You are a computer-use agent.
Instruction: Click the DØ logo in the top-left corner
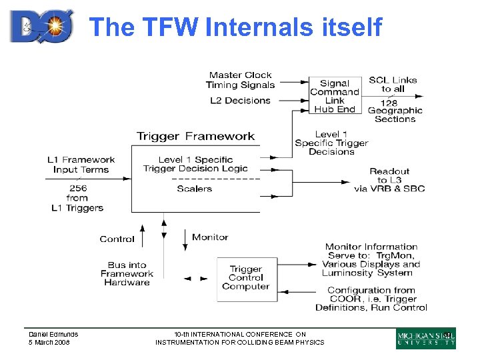click(x=41, y=26)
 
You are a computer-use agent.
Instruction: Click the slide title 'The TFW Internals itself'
click(x=235, y=27)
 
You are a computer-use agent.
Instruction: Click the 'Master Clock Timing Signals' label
click(x=241, y=80)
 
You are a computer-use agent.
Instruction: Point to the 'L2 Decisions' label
click(x=241, y=101)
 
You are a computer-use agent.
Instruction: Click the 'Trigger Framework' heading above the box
click(x=195, y=137)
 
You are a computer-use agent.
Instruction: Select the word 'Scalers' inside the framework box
click(x=194, y=189)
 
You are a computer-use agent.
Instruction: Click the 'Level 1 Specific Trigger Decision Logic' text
click(x=195, y=164)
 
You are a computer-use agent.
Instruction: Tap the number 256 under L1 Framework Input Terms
click(x=77, y=188)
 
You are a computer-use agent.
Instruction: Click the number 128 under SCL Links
click(x=389, y=102)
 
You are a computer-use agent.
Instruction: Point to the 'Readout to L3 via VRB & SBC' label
click(x=389, y=180)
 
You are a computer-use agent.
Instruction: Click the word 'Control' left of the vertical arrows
click(x=117, y=239)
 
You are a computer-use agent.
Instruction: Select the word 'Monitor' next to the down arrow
click(x=210, y=237)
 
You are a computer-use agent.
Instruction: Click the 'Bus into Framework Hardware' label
click(x=127, y=273)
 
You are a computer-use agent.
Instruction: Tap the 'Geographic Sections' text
click(x=395, y=115)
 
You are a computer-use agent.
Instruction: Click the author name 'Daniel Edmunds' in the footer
click(x=53, y=334)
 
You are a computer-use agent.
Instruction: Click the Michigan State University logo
click(x=425, y=339)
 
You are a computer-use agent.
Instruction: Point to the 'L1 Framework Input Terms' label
click(x=81, y=164)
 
